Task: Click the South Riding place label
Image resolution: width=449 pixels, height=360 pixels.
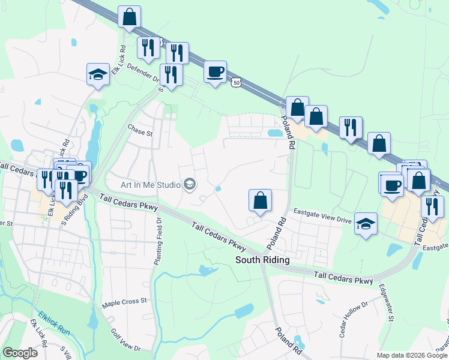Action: click(x=262, y=260)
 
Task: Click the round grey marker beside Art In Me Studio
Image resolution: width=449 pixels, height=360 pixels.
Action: click(x=190, y=184)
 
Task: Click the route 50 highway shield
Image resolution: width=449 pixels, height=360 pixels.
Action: click(x=237, y=82)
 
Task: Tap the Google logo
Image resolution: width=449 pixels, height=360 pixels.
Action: click(x=20, y=353)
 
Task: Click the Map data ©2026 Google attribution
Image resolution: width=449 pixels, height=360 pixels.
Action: click(x=411, y=355)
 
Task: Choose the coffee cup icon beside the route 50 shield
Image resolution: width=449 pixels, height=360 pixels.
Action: click(x=215, y=72)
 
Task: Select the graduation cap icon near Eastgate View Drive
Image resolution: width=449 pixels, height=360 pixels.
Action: click(x=365, y=223)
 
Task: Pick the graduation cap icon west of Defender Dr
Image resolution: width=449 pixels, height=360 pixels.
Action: click(x=98, y=74)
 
